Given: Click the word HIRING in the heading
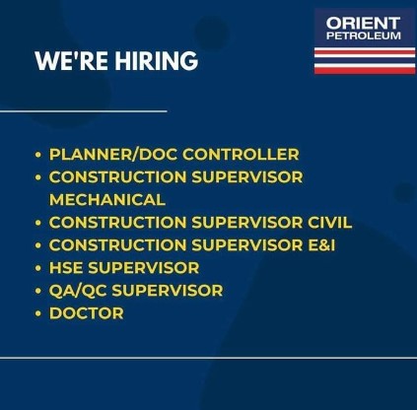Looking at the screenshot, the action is (157, 61).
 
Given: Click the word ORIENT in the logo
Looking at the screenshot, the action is (363, 24).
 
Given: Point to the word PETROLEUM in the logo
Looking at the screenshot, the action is (364, 35).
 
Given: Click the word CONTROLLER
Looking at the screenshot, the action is (241, 155).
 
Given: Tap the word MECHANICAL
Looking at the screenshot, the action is (107, 200).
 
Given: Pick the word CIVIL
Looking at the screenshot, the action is (329, 223).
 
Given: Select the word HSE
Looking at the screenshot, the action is (66, 268).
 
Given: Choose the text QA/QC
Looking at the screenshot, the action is (78, 291).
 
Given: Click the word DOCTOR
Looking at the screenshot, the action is (87, 313).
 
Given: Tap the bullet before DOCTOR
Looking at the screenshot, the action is (38, 313).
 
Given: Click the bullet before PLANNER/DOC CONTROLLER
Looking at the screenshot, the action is (38, 155).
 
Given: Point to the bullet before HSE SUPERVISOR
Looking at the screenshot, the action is (38, 268).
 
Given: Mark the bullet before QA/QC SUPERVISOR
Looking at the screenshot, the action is (38, 291).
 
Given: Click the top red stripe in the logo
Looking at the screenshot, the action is (365, 51).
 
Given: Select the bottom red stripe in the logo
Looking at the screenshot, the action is (365, 70).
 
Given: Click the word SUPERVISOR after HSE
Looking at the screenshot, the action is (144, 268).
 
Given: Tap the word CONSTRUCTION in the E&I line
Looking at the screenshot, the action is (117, 245).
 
